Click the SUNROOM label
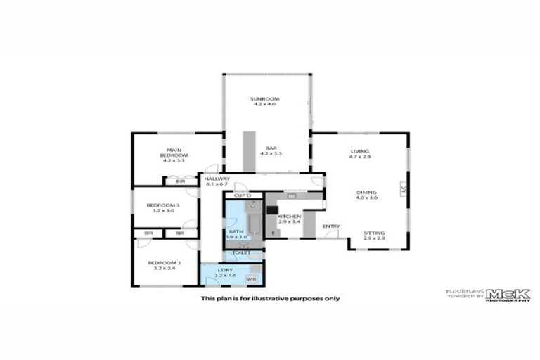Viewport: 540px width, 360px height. click(x=265, y=99)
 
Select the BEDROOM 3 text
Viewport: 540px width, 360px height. click(x=163, y=205)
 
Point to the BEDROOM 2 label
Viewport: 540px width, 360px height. click(x=165, y=263)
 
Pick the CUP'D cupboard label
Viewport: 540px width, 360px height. click(x=243, y=195)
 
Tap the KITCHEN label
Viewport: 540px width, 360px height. click(x=290, y=217)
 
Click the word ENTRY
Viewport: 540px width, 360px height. click(x=331, y=226)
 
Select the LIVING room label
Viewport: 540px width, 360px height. click(x=360, y=151)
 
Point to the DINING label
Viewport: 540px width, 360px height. click(x=366, y=193)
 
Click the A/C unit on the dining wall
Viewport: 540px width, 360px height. click(x=404, y=190)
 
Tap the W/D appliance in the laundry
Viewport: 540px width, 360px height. click(x=251, y=279)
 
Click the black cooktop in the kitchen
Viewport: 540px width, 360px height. click(x=272, y=209)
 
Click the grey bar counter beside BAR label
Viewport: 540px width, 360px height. click(x=249, y=151)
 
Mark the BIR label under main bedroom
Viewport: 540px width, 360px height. click(x=181, y=181)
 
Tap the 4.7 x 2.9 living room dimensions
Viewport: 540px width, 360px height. click(x=360, y=157)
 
